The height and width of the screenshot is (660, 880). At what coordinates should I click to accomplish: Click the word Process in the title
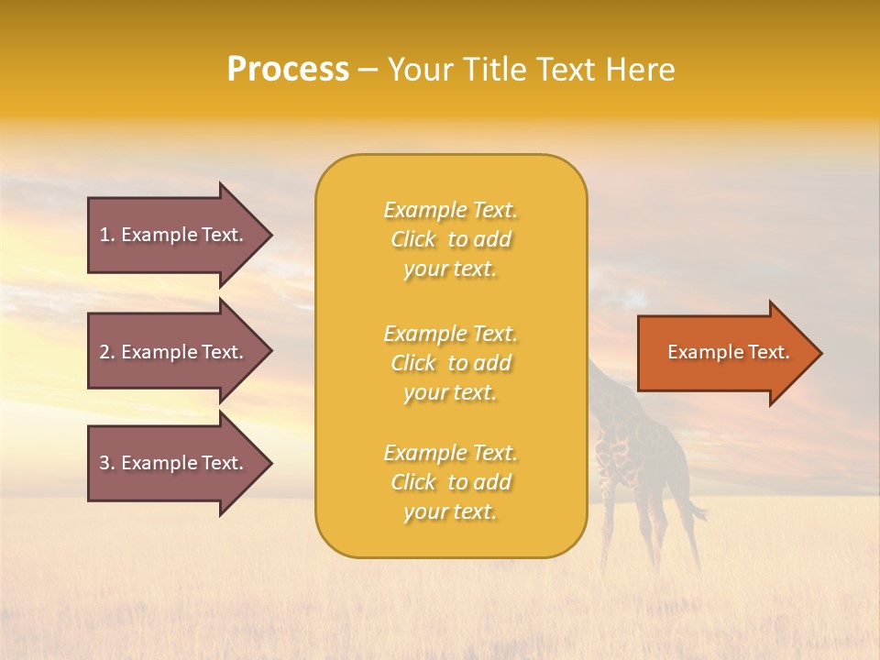coord(288,70)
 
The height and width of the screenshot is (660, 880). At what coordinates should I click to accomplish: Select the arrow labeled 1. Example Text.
coord(174,235)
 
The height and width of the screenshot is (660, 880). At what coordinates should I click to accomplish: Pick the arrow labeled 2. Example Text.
coord(174,352)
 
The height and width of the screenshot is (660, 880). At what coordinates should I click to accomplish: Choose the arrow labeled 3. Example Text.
coord(174,463)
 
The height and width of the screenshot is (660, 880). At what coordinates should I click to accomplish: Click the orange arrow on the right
coord(724,353)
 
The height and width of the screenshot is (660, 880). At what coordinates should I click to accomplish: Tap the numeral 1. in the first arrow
coord(106,235)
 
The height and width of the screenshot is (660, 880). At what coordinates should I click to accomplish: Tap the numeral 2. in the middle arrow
coord(106,352)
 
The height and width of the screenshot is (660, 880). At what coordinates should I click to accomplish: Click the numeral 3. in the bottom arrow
coord(106,463)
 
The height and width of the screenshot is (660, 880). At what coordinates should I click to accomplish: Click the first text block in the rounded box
coord(450,239)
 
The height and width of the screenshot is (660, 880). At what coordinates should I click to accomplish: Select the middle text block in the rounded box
coord(450,363)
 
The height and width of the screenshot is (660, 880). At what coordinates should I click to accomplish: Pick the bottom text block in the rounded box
coord(450,482)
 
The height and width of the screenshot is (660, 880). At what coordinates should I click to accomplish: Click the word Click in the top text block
coord(413,239)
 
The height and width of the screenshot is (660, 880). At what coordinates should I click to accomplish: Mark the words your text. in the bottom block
coord(450,511)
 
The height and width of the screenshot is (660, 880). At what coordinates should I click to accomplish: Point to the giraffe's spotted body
coord(632,449)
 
